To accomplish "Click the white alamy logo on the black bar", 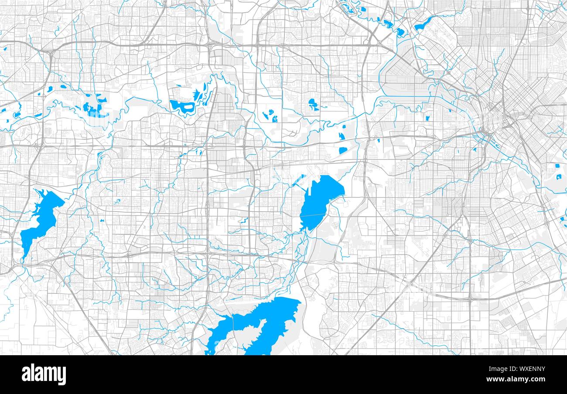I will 44,374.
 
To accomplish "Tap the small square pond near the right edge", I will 558,166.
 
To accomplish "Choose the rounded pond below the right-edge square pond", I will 558,177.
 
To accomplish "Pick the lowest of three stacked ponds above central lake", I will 343,150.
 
